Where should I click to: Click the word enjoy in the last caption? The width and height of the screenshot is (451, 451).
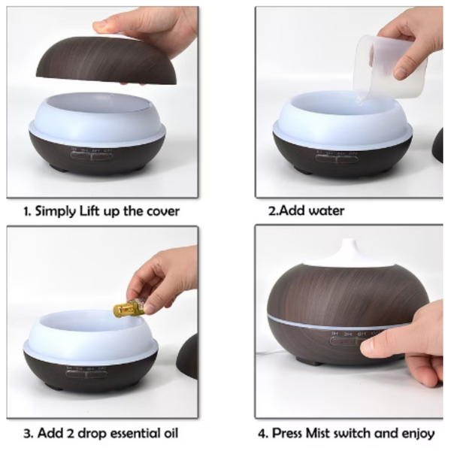[x=416, y=434]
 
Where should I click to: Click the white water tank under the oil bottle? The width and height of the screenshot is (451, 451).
[x=90, y=338]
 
